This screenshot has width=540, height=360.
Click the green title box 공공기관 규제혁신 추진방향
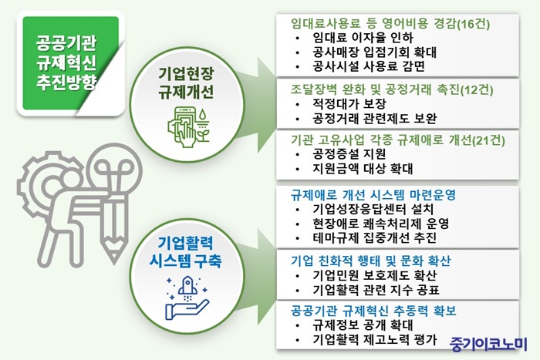[x=71, y=63]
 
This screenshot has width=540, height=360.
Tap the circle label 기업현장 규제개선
[x=186, y=82]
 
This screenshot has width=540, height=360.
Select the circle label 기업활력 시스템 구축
[x=186, y=251]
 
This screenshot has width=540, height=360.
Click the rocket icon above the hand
[x=187, y=286]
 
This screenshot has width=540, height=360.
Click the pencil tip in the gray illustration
[x=114, y=259]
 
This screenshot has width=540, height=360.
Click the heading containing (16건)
[x=390, y=23]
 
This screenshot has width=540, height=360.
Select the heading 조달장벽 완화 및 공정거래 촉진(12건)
[x=392, y=89]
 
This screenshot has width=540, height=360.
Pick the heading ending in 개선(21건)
[x=398, y=140]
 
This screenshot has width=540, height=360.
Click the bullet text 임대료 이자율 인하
[x=363, y=37]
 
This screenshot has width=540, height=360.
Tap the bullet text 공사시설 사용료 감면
[x=369, y=66]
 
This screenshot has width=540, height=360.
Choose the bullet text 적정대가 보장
[x=349, y=103]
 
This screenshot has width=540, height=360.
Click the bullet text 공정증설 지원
[x=349, y=154]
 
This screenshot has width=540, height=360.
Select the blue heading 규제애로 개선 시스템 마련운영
[x=373, y=195]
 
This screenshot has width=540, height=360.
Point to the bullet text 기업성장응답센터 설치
[x=373, y=209]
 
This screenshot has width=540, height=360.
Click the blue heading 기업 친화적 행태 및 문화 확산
[x=370, y=261]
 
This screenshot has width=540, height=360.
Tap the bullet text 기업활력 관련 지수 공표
[x=376, y=290]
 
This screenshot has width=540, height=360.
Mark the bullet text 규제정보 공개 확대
[x=363, y=325]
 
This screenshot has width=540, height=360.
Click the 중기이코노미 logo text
[x=488, y=344]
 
